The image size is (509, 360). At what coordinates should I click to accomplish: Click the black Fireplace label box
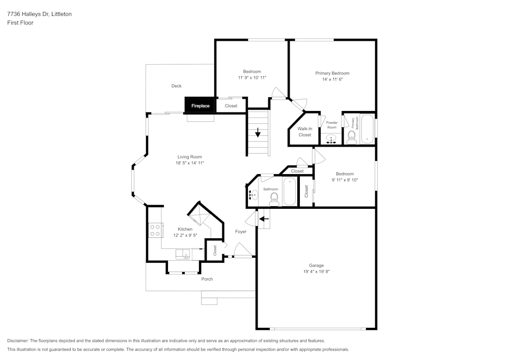200,105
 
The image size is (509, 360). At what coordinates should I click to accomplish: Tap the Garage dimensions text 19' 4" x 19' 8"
316,271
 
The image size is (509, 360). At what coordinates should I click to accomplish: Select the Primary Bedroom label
332,73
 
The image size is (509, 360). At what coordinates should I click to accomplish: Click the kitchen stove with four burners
155,230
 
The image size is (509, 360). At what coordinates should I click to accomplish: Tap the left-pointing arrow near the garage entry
264,219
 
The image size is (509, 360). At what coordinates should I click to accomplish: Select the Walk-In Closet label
304,132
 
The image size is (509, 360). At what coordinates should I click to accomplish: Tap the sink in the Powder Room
332,139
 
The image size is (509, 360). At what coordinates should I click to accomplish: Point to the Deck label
176,86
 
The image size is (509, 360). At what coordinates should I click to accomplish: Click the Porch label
207,279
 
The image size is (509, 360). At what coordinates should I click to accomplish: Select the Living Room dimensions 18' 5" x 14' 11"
190,163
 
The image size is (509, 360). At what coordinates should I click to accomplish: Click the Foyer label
241,232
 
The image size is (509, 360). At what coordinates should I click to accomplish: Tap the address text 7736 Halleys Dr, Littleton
39,14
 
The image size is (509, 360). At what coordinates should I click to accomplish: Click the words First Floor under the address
20,23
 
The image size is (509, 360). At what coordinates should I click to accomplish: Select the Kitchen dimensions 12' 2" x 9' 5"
185,235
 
